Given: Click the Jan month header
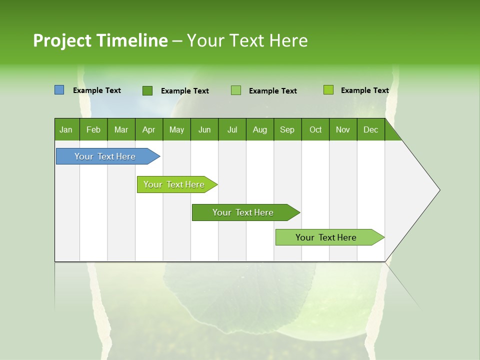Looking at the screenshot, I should click(x=66, y=129).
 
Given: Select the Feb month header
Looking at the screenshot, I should click(x=93, y=129).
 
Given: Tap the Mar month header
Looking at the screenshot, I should click(x=121, y=129).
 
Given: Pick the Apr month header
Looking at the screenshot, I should click(x=149, y=129).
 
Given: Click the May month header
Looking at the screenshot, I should click(x=176, y=129).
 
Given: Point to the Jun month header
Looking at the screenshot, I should click(x=204, y=129).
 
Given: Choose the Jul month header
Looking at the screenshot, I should click(x=232, y=129).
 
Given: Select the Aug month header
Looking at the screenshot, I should click(x=260, y=129).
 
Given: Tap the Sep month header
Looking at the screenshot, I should click(x=287, y=129).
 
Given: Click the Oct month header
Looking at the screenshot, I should click(x=315, y=129).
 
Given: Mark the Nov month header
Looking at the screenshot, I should click(x=343, y=129).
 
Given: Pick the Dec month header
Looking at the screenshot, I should click(x=371, y=129).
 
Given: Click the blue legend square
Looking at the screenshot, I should click(x=59, y=90).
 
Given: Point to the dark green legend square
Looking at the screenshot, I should click(x=147, y=90).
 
